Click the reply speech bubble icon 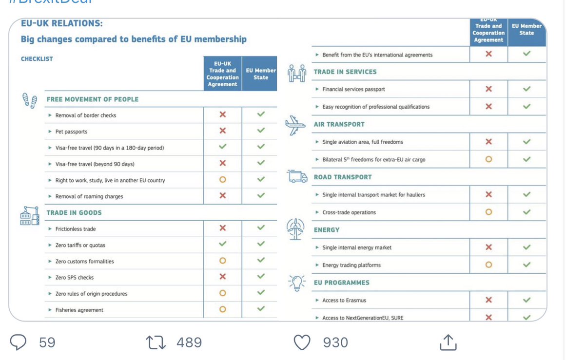click(x=18, y=342)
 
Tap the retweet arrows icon click(x=156, y=342)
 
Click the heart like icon click(x=303, y=342)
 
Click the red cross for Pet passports click(x=223, y=131)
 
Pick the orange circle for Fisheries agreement click(x=223, y=309)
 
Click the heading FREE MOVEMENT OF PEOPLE click(x=93, y=99)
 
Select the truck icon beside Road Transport click(x=297, y=177)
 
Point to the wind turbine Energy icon click(x=295, y=229)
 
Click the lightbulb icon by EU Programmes click(x=296, y=283)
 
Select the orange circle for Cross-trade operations click(x=488, y=212)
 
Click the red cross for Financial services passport click(x=488, y=89)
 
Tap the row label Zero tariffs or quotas click(x=80, y=245)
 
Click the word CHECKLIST click(x=37, y=59)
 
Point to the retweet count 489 click(x=189, y=342)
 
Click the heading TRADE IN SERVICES click(x=345, y=72)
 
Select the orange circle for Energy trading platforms click(x=488, y=265)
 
